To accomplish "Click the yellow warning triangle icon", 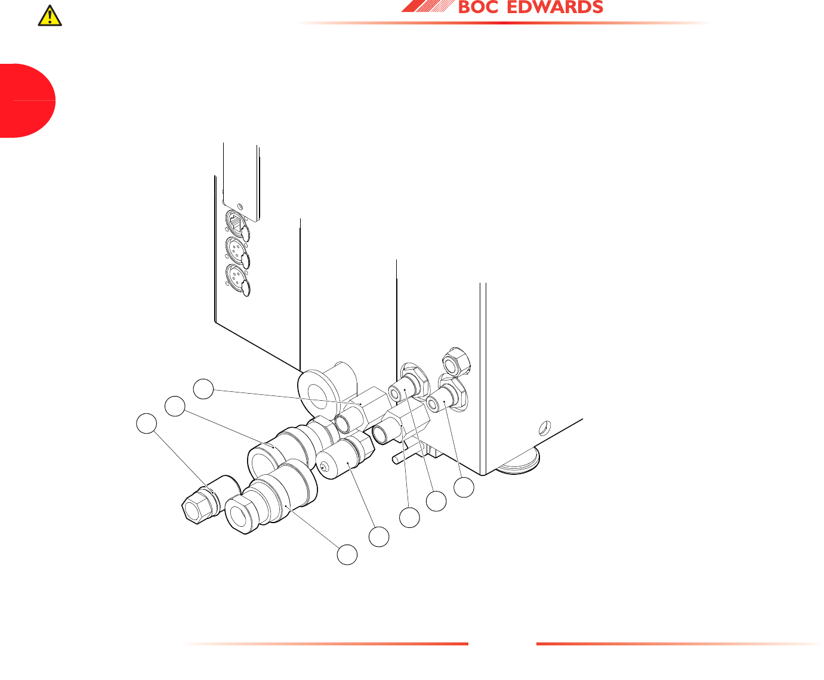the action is pos(50,16).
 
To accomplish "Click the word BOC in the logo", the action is pos(478,8).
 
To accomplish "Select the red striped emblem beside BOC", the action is pos(426,7).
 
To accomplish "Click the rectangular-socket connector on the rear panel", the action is pos(237,225).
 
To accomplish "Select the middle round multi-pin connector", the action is pos(237,252).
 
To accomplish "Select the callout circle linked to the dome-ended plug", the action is pos(378,537).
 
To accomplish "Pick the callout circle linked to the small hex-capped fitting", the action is pos(146,424).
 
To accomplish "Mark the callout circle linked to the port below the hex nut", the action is pos(464,487).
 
